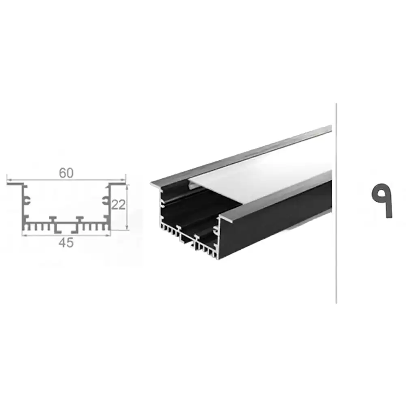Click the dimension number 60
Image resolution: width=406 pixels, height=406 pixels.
pyautogui.click(x=66, y=173)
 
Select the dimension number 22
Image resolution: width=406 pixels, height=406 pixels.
pyautogui.click(x=118, y=205)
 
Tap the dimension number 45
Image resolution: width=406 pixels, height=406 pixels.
pyautogui.click(x=66, y=243)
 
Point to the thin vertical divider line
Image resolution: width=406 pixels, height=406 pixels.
pyautogui.click(x=336, y=203)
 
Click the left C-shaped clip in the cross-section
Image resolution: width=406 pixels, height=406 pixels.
pyautogui.click(x=27, y=200)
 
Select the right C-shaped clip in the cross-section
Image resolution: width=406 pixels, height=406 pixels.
pyautogui.click(x=105, y=200)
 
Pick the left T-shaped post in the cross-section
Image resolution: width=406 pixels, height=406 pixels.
pyautogui.click(x=53, y=219)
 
